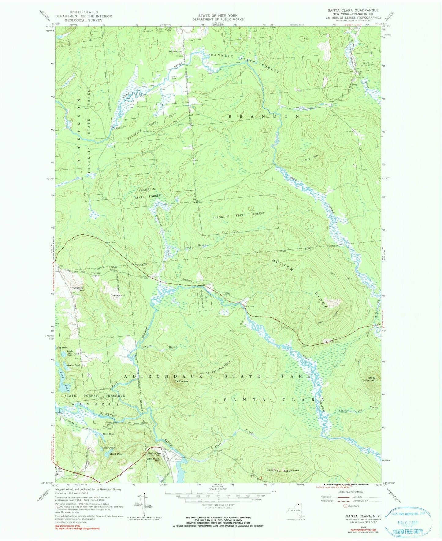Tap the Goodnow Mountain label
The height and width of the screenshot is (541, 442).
[282, 470]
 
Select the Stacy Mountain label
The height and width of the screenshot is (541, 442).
[370, 379]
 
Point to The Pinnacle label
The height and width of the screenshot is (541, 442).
[181, 381]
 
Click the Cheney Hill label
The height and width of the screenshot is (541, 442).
[117, 296]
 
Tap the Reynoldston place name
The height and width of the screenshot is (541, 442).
[175, 51]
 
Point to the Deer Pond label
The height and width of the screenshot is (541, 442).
[109, 434]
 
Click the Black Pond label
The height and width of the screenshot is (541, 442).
[116, 454]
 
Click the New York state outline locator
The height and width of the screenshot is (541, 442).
[295, 511]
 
